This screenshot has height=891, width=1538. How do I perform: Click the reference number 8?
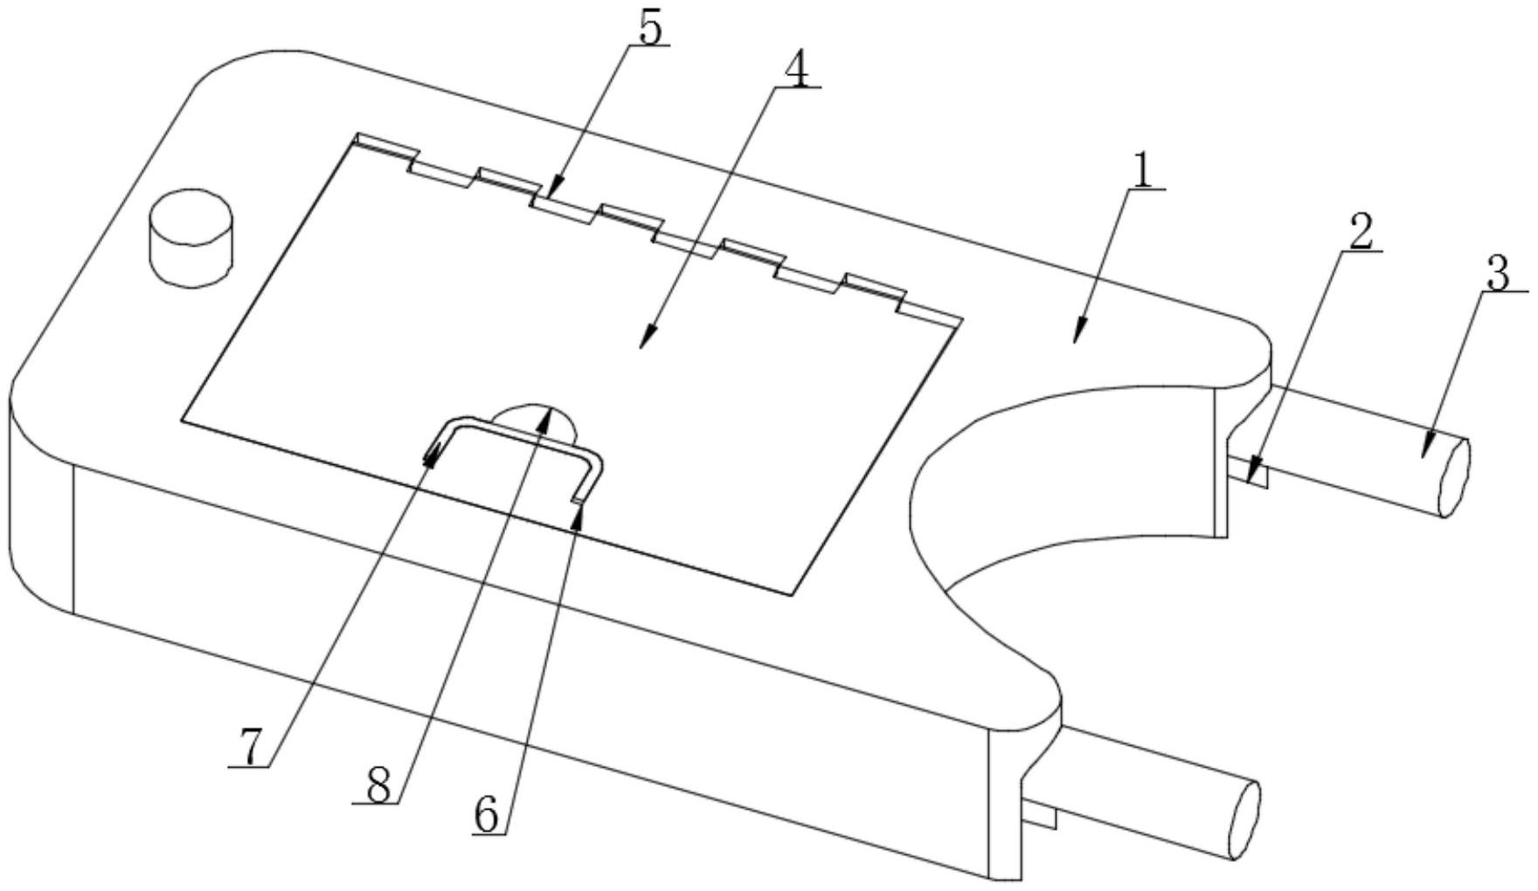[x=378, y=786]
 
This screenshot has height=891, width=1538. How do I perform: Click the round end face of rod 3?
[x=1454, y=477]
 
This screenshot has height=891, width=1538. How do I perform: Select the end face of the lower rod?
[x=1244, y=819]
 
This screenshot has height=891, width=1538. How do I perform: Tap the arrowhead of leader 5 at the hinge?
[x=555, y=187]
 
